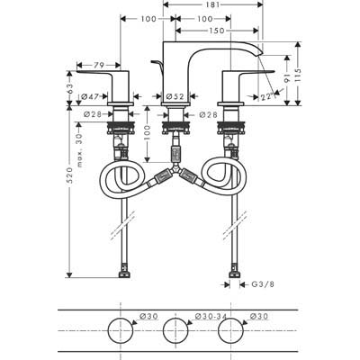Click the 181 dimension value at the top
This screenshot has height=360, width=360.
coord(213,4)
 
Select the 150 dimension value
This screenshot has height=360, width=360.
coord(217,31)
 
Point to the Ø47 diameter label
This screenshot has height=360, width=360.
coord(90,96)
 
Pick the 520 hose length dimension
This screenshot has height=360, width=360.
coord(69,175)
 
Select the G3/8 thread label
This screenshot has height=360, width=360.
coord(263,284)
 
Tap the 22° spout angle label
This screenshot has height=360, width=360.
coord(267,96)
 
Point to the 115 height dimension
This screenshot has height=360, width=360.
coord(297,75)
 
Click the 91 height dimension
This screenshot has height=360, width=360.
coord(287,77)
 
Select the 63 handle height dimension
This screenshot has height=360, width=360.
coord(69,88)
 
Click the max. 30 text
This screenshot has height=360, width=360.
coord(80,150)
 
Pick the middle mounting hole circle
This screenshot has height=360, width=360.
coord(175,318)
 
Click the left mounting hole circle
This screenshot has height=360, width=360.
coord(121,318)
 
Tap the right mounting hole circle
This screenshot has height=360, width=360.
coord(230,318)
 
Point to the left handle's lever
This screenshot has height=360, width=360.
coord(99,72)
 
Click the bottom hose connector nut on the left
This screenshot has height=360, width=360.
coord(124,274)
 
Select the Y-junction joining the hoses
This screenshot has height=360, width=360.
coord(175,169)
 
